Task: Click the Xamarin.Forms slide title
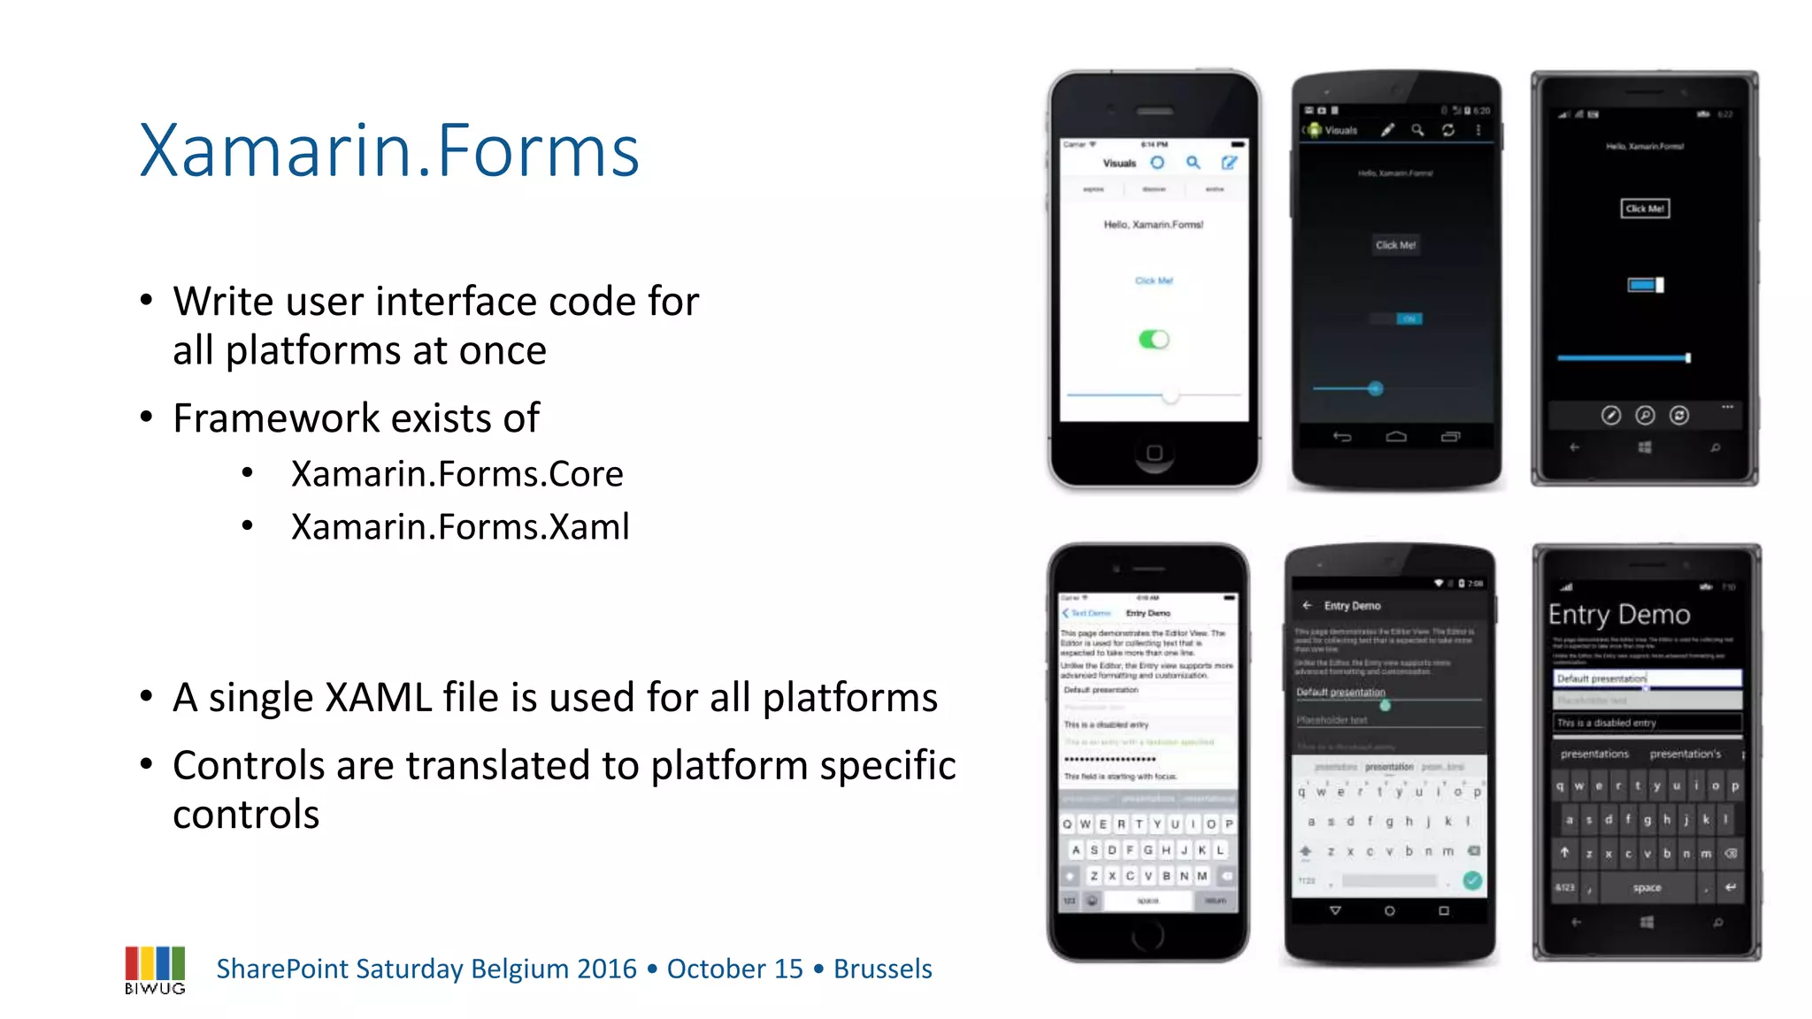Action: coord(389,151)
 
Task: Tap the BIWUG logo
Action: coord(155,969)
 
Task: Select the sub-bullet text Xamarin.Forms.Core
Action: coord(457,474)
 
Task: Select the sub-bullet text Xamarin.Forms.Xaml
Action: coord(460,527)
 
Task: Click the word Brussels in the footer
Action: coord(882,969)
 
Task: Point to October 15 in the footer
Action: coord(734,969)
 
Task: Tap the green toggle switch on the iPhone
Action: coord(1154,340)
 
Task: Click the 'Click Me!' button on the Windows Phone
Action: coord(1645,209)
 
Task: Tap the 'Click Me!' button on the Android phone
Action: coord(1395,245)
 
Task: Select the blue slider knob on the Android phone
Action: coord(1375,388)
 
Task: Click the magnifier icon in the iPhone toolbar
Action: coord(1194,163)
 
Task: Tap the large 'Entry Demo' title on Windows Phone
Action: coord(1619,615)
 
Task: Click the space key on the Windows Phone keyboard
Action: coord(1647,887)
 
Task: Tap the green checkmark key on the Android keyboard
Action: coord(1472,880)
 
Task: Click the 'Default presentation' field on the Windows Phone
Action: coord(1647,678)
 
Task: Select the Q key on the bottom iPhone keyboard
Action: coord(1068,824)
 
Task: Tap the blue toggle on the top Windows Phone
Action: coord(1646,285)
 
